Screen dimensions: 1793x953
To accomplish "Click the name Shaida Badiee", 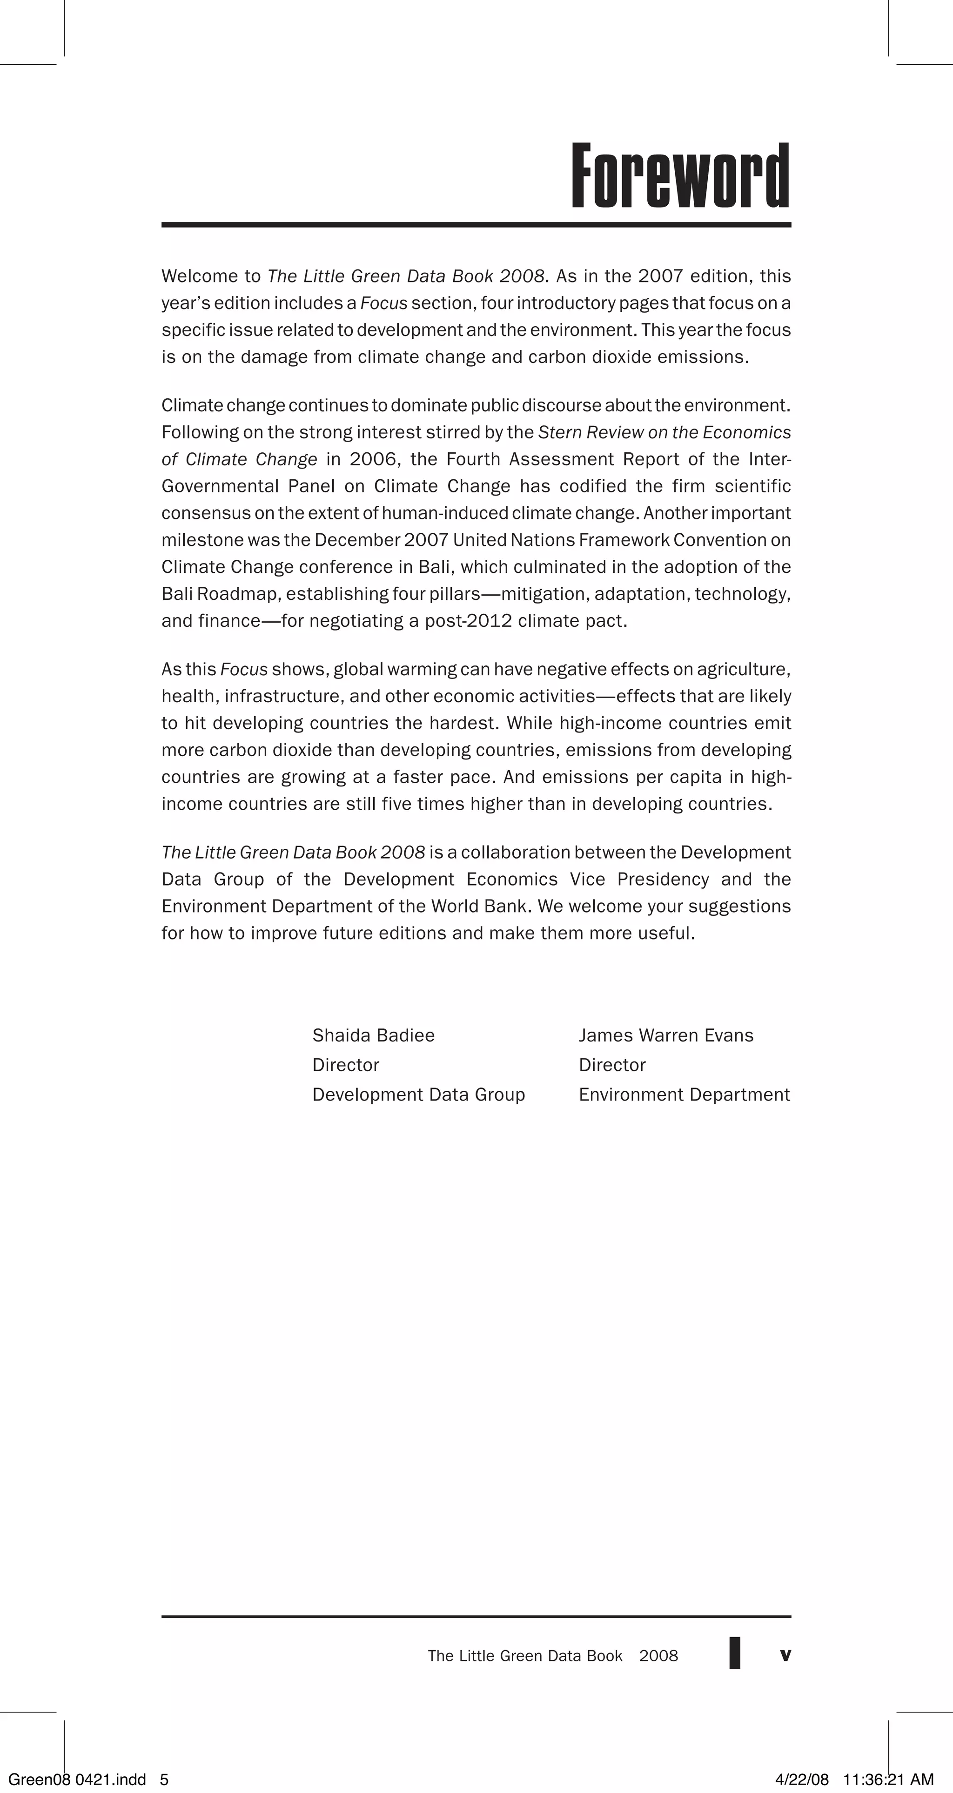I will tap(373, 1036).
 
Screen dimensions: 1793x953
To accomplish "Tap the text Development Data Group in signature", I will tap(418, 1095).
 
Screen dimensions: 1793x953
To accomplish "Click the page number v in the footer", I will tap(785, 1655).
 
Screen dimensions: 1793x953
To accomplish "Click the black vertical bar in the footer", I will tap(734, 1653).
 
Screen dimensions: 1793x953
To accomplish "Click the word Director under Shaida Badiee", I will tap(345, 1065).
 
